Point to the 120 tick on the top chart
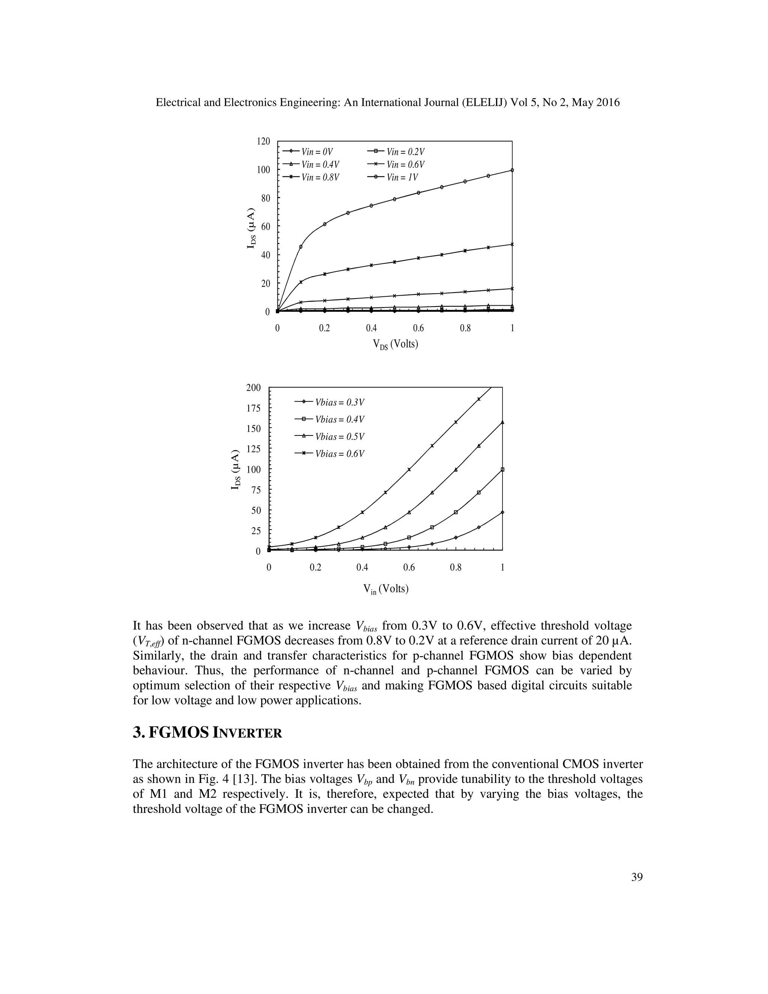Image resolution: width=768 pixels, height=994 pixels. (263, 141)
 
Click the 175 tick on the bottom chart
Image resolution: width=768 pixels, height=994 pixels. (253, 408)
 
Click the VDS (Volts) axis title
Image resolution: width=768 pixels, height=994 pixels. (395, 345)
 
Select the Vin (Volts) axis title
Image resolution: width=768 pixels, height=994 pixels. (386, 589)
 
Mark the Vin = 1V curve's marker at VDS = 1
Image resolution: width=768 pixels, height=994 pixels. (512, 170)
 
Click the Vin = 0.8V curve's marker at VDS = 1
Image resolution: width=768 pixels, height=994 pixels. (512, 245)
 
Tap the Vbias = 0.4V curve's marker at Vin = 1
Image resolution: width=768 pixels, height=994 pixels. (502, 469)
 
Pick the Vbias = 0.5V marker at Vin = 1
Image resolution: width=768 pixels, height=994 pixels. (502, 422)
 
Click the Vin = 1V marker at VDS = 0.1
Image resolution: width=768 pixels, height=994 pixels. (301, 247)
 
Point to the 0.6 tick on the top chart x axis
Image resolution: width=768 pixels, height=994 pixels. (418, 328)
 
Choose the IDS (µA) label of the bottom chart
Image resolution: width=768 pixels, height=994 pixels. (235, 470)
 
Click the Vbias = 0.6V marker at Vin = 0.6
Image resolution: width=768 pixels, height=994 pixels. (409, 469)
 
